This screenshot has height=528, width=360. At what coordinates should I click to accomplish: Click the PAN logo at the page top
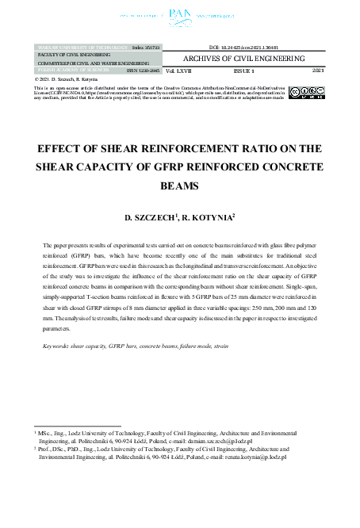pyautogui.click(x=179, y=13)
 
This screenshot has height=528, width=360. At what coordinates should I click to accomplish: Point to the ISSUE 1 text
pyautogui.click(x=255, y=71)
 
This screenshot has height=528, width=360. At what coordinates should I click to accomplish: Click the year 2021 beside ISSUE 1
pyautogui.click(x=319, y=71)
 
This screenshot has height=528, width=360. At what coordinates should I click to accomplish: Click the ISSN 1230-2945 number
pyautogui.click(x=141, y=71)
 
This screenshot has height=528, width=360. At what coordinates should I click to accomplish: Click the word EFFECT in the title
pyautogui.click(x=63, y=147)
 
